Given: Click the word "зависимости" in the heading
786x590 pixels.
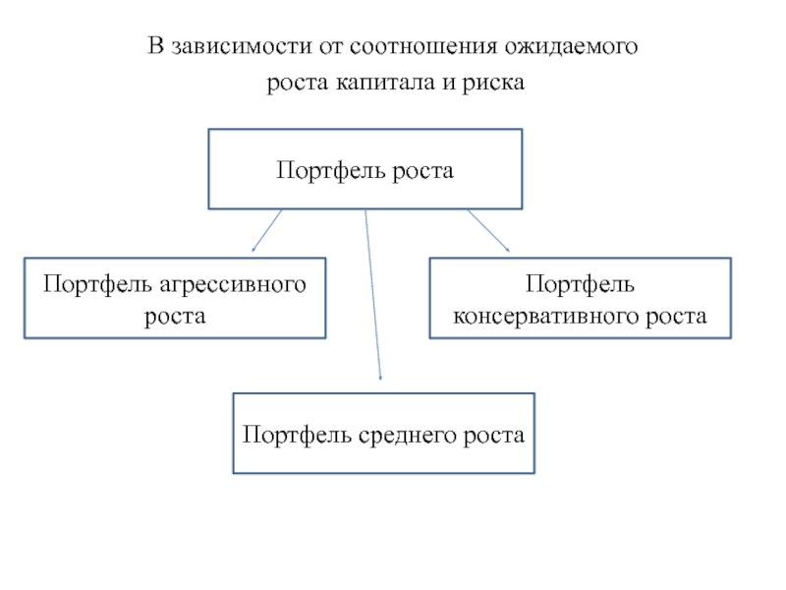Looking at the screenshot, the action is pyautogui.click(x=228, y=46).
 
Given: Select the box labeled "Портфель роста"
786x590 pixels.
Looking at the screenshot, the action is pyautogui.click(x=365, y=168).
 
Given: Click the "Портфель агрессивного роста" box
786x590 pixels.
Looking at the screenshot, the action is pyautogui.click(x=175, y=298).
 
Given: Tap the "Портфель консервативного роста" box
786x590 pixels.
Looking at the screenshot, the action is pyautogui.click(x=580, y=298).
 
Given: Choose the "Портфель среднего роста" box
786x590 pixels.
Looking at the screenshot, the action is pyautogui.click(x=383, y=434).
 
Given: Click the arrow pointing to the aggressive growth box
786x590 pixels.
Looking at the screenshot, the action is pyautogui.click(x=267, y=230).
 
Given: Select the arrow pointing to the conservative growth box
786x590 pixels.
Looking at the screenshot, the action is pyautogui.click(x=487, y=230).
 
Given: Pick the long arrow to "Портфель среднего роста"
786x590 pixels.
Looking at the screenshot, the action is pyautogui.click(x=372, y=295).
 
